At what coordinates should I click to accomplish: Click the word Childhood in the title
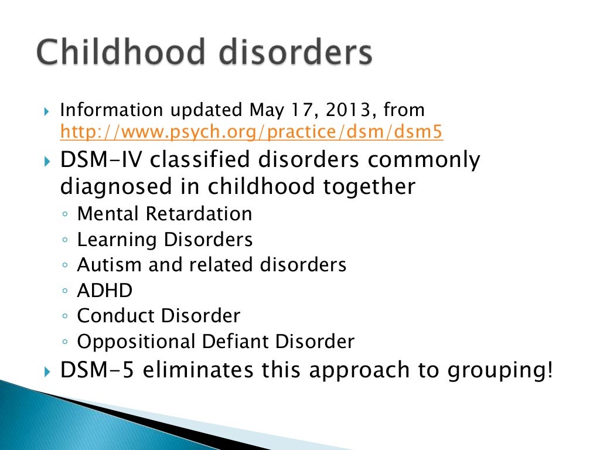point(121,53)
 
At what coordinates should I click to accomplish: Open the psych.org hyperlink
point(251,133)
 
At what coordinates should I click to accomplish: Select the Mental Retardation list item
point(165,214)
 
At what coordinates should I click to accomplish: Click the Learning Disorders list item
point(165,240)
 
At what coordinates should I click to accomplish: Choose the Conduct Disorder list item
point(159,316)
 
